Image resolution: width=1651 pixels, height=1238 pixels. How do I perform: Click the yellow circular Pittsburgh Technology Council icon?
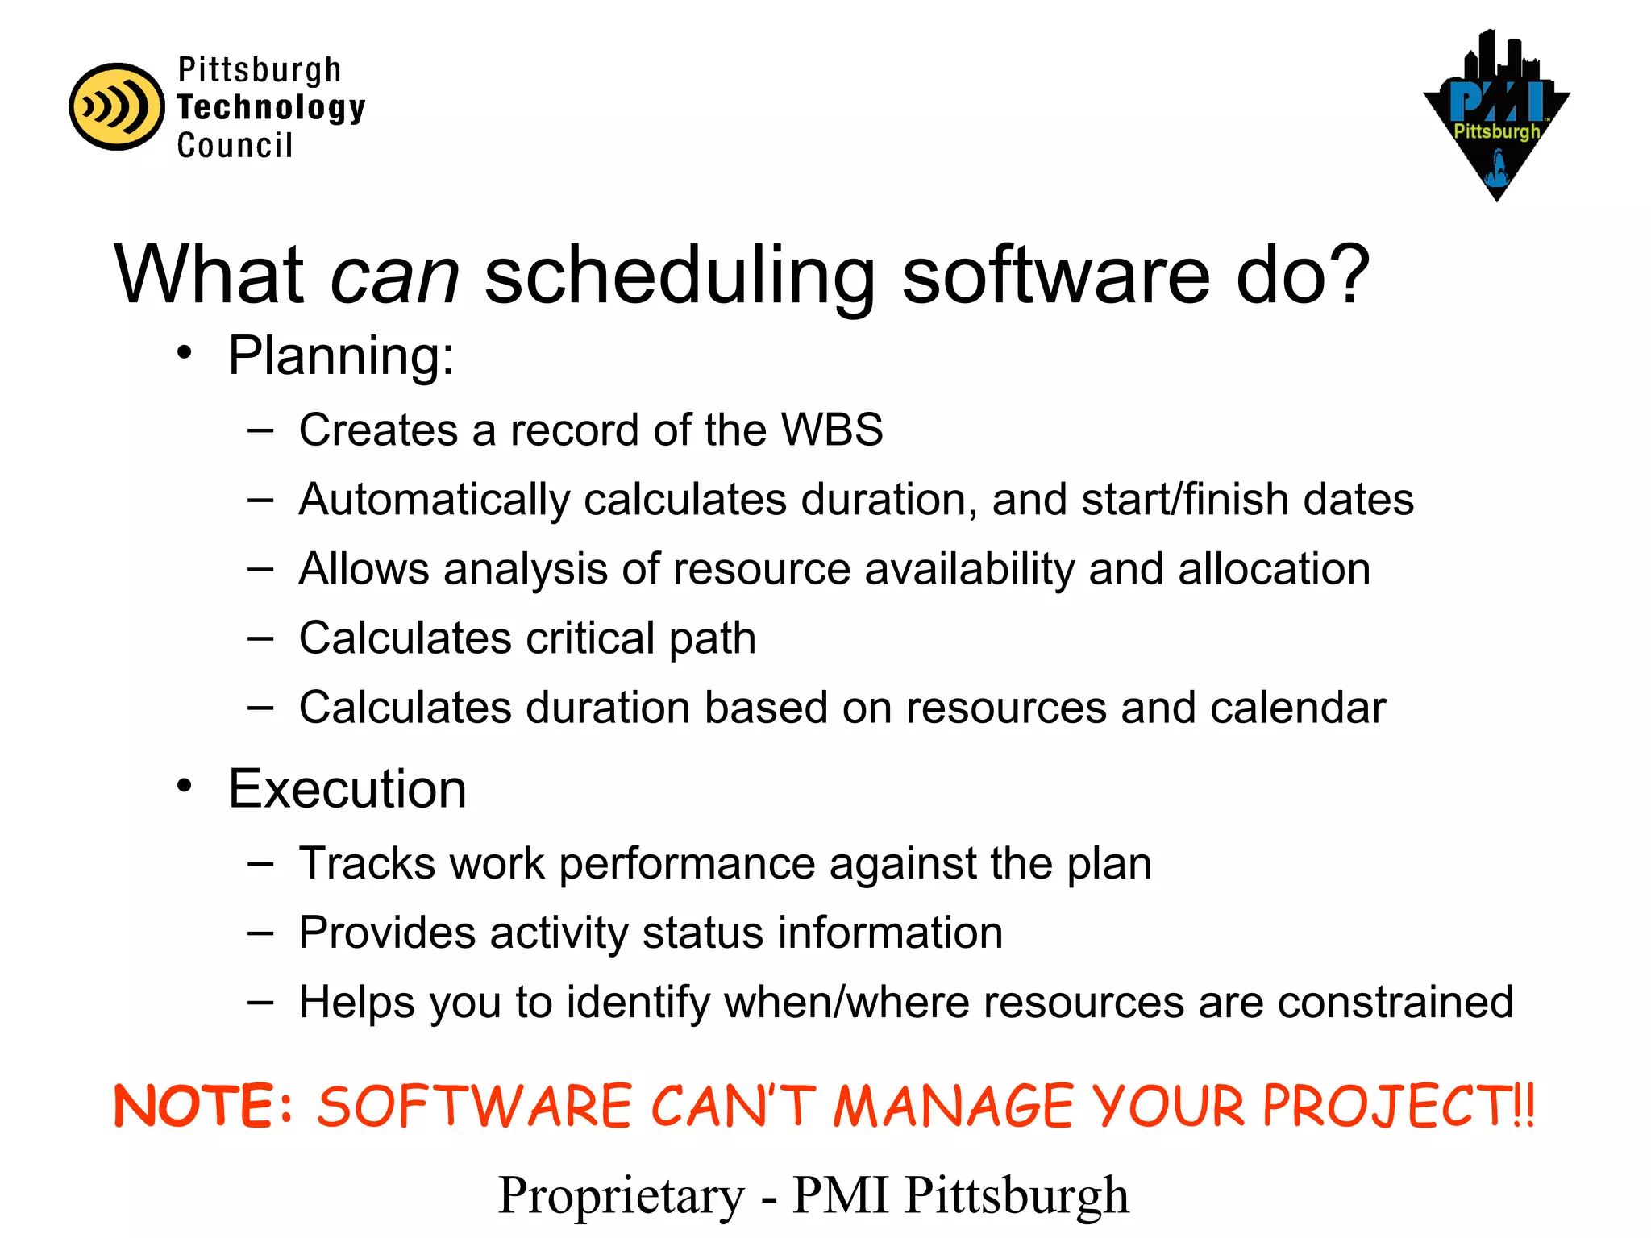(117, 106)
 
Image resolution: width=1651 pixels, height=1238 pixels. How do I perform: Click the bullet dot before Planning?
(185, 352)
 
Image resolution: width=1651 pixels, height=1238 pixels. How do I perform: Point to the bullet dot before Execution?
(185, 785)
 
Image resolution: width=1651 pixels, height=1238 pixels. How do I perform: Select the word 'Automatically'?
(434, 500)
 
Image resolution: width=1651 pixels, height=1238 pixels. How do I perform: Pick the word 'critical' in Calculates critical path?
(590, 638)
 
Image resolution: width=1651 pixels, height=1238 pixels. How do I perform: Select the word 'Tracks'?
(368, 863)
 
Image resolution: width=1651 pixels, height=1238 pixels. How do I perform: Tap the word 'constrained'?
(1395, 1002)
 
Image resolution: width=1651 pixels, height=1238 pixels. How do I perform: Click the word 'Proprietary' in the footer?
(621, 1194)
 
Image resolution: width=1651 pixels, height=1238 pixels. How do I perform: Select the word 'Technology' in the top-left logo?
(271, 107)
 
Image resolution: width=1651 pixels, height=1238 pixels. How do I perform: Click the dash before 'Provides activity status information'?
(260, 933)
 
